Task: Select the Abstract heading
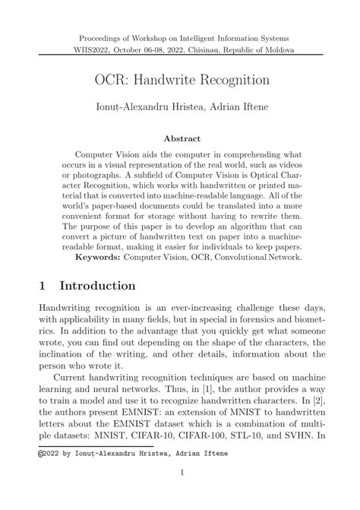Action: pos(180,139)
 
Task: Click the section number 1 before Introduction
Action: pos(43,287)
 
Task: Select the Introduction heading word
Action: pos(98,287)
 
